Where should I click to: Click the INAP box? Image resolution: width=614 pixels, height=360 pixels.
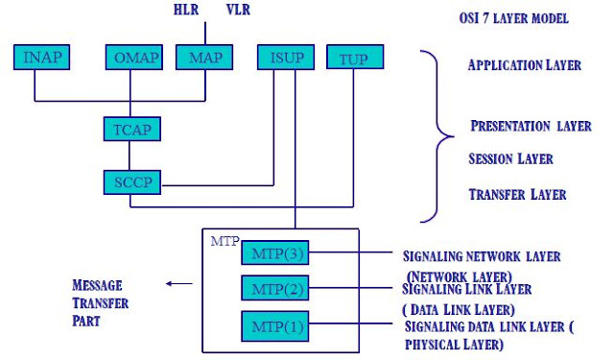(40, 57)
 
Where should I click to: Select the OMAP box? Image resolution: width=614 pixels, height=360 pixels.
(133, 57)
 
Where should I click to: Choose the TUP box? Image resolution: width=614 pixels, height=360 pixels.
(353, 58)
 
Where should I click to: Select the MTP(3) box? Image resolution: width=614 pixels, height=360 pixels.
(275, 254)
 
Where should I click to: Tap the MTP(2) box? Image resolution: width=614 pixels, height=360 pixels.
(275, 289)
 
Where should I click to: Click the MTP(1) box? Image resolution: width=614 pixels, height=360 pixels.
(275, 326)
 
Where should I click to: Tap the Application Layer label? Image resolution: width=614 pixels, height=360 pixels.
(524, 65)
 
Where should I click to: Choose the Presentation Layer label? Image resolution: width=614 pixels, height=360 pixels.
(531, 126)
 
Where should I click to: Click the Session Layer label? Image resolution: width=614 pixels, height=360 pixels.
(510, 157)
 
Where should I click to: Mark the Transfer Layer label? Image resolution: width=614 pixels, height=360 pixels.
(517, 194)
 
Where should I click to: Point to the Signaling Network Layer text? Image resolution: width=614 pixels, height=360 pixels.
(482, 256)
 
